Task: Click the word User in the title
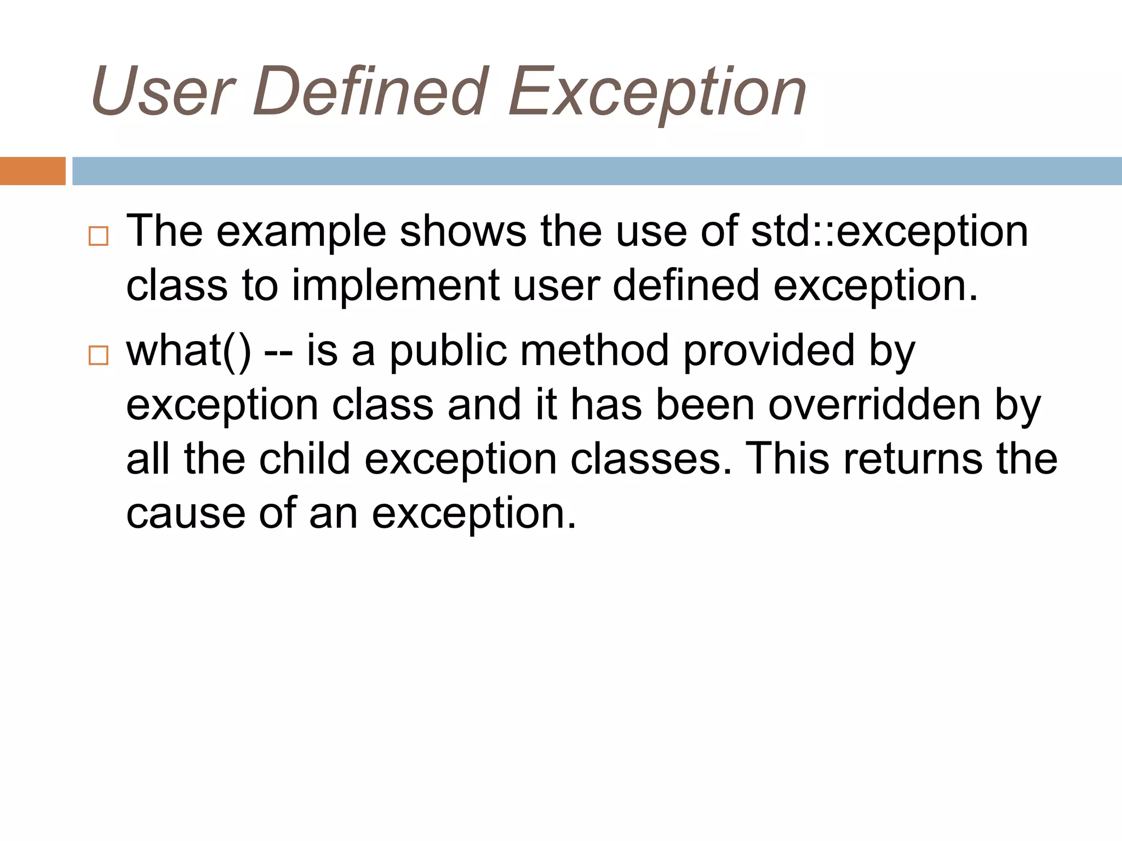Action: click(x=163, y=91)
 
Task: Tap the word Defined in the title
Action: click(x=370, y=91)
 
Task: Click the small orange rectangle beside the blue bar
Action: click(x=32, y=171)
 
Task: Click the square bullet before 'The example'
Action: click(x=99, y=236)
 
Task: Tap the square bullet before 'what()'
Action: click(x=99, y=355)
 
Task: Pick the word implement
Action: click(x=395, y=286)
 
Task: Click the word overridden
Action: click(x=874, y=406)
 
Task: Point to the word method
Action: click(x=594, y=351)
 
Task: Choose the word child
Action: click(x=305, y=459)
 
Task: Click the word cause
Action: click(x=186, y=514)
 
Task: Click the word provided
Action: click(x=769, y=351)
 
